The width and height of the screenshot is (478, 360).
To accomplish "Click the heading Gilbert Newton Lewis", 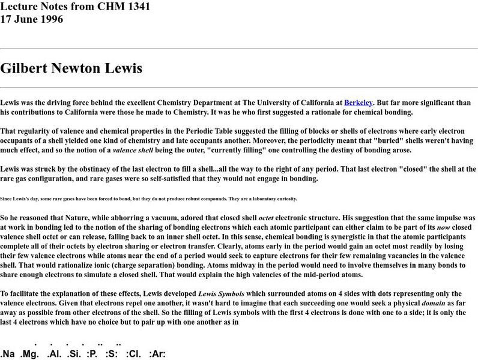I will (x=71, y=68).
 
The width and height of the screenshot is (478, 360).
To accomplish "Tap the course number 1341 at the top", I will (x=137, y=7).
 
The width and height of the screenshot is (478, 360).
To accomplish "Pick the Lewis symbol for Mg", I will (x=31, y=354).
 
